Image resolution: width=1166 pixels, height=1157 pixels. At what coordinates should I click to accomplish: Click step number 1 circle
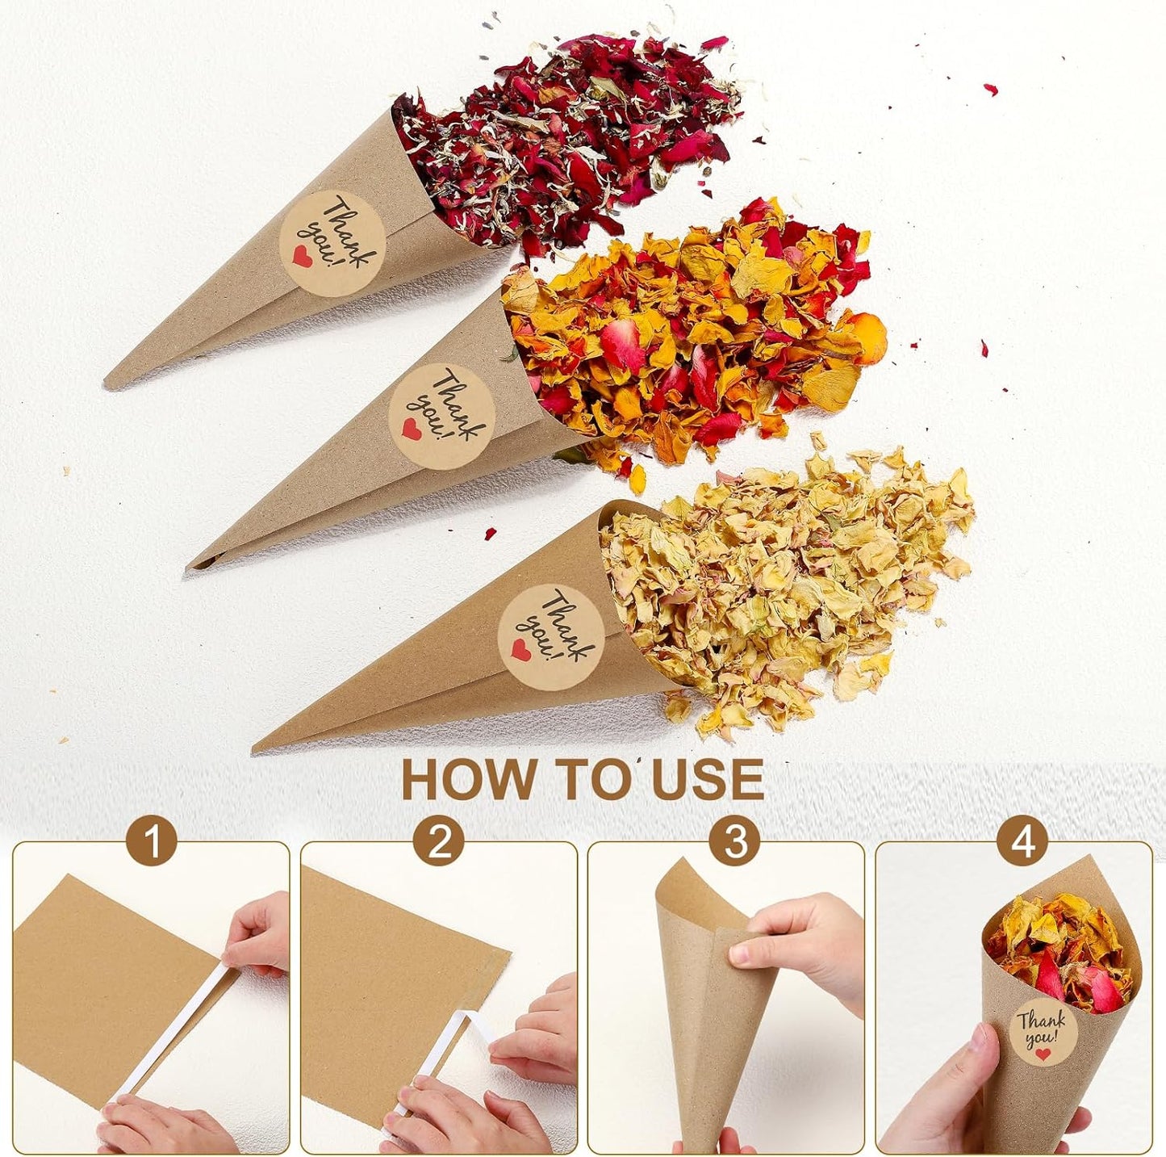tap(151, 843)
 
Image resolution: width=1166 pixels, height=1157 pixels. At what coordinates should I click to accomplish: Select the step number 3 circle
tap(734, 843)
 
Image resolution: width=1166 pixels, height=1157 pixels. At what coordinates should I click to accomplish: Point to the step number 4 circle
tap(1023, 843)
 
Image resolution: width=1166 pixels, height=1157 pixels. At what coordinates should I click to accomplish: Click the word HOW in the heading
tap(468, 779)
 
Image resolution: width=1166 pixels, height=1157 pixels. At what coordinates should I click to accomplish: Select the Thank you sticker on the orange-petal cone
tap(441, 415)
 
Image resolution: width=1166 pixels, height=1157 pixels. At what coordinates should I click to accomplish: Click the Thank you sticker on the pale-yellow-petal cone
tap(552, 637)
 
